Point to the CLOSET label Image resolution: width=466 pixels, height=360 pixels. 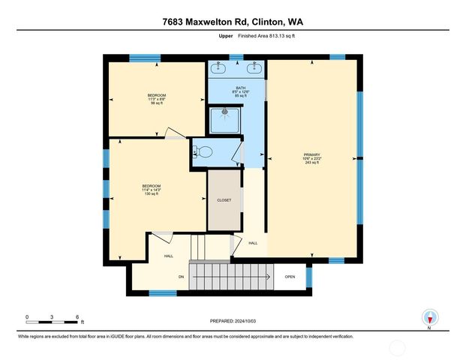[x=224, y=200]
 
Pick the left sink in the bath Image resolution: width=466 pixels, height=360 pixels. [x=220, y=67]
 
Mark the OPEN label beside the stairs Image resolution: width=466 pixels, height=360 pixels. [x=290, y=276]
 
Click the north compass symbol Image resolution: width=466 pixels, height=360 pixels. [x=429, y=316]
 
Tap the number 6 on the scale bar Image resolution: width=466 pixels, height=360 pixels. [x=77, y=318]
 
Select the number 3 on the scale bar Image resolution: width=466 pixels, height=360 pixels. [x=52, y=318]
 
